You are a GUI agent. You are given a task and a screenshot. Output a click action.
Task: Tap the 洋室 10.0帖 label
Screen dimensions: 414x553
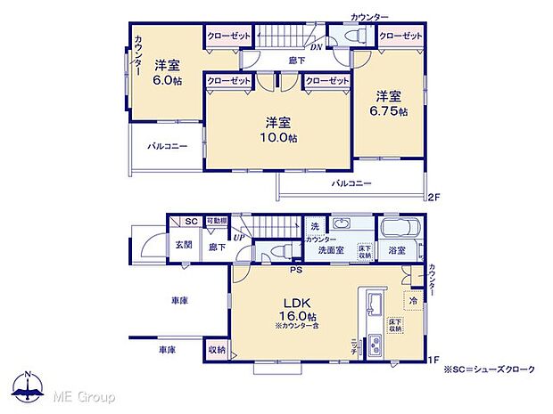coord(279,130)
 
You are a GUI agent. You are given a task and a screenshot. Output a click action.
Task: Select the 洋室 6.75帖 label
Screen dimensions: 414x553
coord(389,103)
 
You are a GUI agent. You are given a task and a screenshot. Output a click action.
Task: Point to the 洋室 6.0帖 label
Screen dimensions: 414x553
coord(166,71)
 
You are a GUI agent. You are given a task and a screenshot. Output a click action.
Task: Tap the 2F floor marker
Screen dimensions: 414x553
coord(433,196)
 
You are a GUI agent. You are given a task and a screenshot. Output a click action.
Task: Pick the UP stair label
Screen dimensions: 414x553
coord(239,237)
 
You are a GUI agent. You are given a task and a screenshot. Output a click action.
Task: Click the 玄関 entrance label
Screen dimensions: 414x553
coord(183,244)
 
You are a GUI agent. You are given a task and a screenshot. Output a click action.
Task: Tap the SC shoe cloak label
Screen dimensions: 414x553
coord(190,222)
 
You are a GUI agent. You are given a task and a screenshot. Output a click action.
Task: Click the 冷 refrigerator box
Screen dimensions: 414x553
coord(413,301)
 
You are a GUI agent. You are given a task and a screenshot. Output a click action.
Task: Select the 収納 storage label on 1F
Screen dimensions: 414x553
coord(217,351)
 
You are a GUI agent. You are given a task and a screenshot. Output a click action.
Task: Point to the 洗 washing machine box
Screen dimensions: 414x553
coord(315,226)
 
